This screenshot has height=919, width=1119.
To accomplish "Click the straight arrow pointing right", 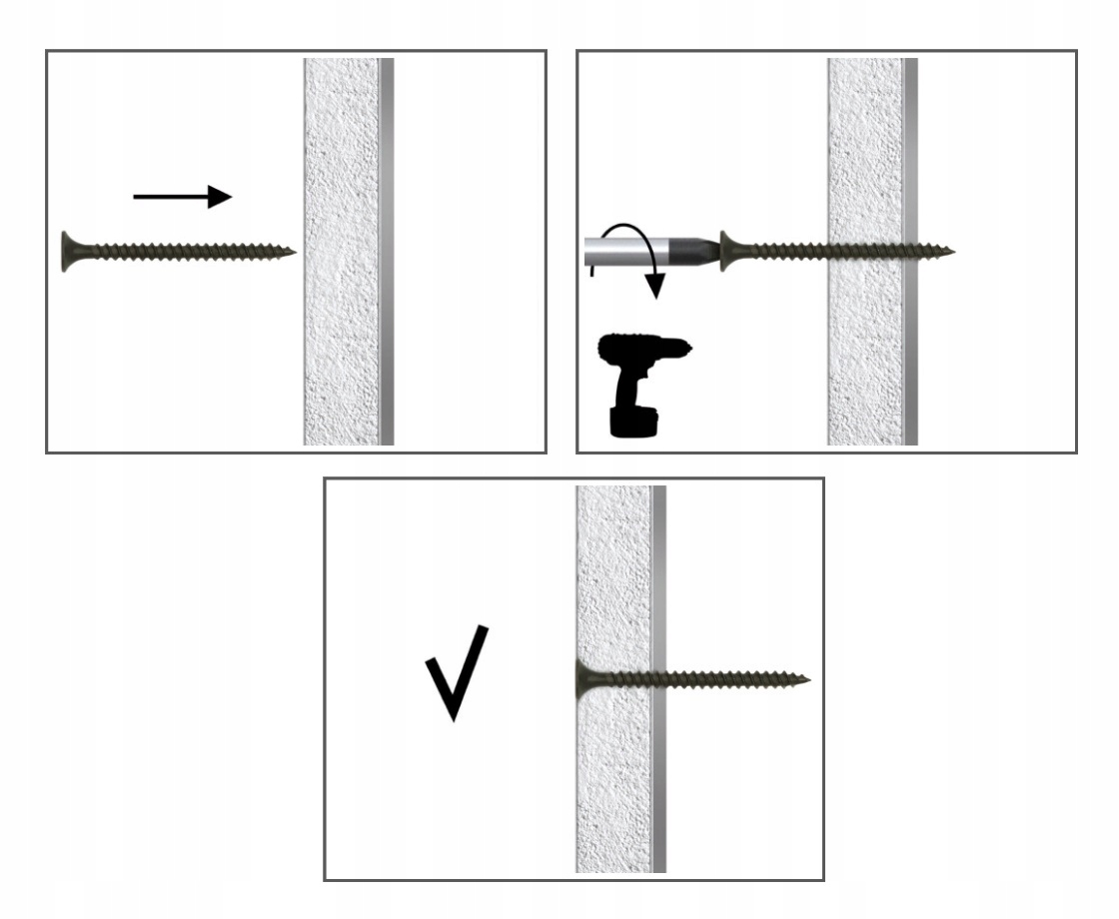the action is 182,197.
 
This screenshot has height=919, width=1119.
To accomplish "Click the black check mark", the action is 456,672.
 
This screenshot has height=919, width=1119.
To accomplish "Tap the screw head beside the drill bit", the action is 727,250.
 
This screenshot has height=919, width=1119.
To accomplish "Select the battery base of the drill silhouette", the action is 632,419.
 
